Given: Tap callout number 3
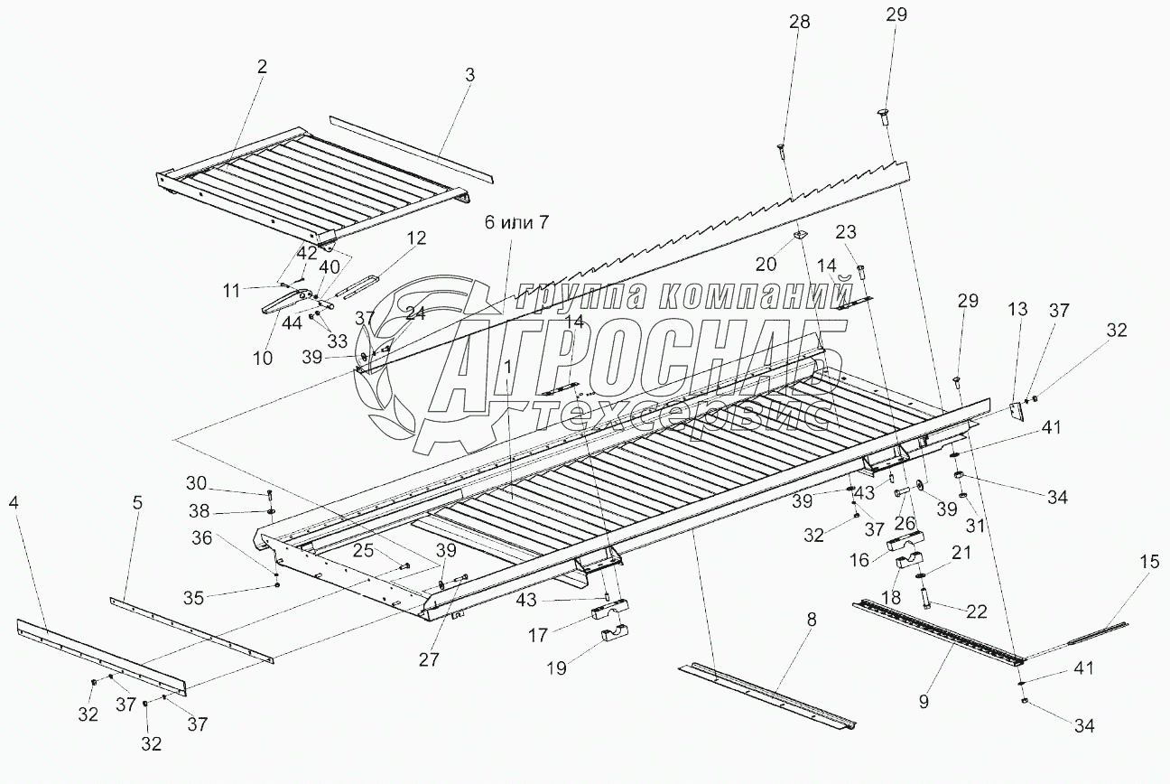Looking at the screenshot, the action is click(469, 76).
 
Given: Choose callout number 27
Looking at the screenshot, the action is click(430, 659).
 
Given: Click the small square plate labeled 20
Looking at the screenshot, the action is click(799, 238).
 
